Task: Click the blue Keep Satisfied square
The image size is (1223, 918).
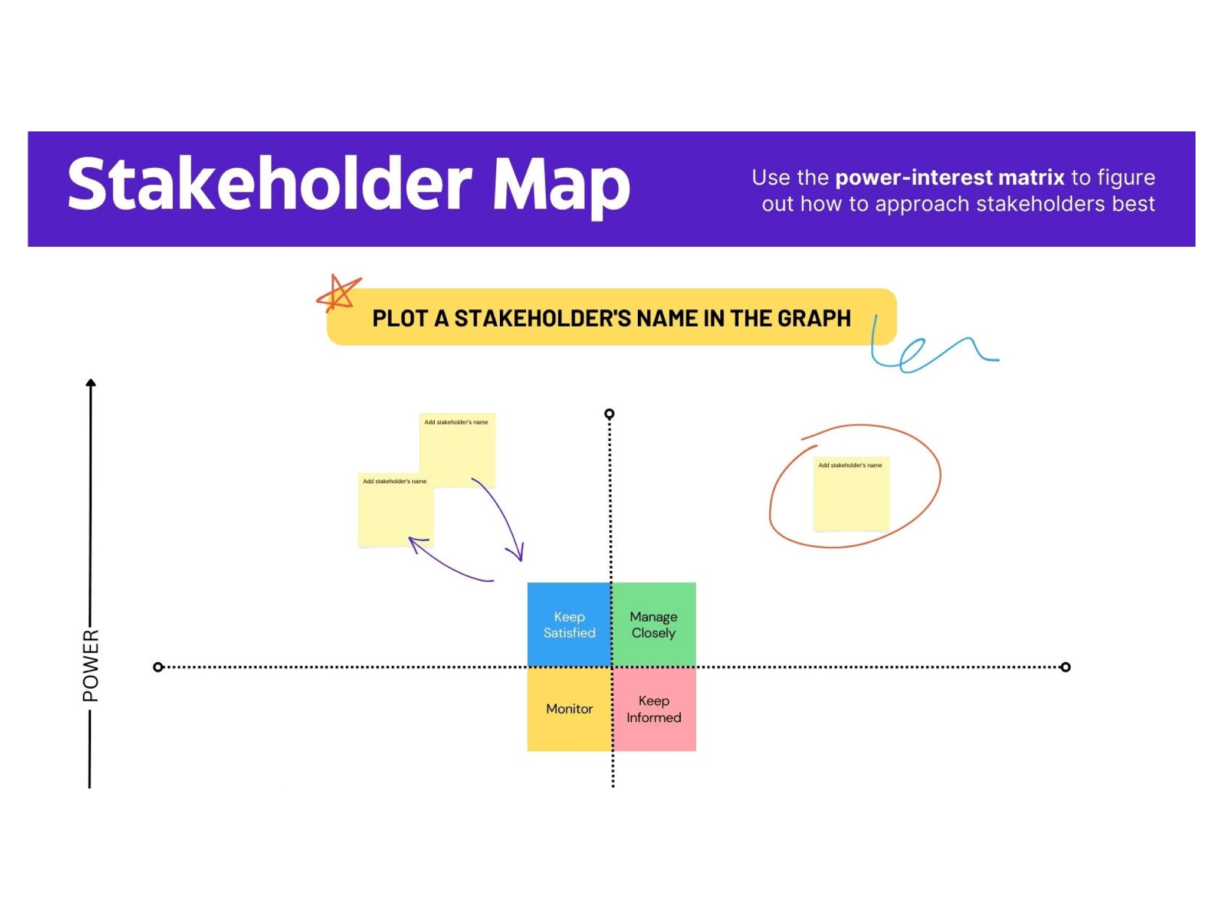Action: (x=569, y=624)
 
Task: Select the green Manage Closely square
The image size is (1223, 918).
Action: (x=654, y=624)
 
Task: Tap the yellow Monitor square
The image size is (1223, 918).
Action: (x=569, y=709)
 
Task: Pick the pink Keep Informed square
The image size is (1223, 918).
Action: (x=654, y=709)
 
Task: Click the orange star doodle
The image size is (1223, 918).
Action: (x=338, y=293)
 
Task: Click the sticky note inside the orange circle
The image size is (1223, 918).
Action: (x=851, y=494)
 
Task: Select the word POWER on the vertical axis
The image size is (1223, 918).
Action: (x=91, y=665)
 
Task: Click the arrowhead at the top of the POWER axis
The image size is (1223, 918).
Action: (x=91, y=383)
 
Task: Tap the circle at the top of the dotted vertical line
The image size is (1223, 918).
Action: (x=609, y=413)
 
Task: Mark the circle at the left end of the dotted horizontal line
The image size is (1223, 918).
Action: (x=158, y=667)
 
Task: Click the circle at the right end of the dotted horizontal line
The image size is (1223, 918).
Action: (x=1065, y=667)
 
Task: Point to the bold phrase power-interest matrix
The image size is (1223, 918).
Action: (x=949, y=177)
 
